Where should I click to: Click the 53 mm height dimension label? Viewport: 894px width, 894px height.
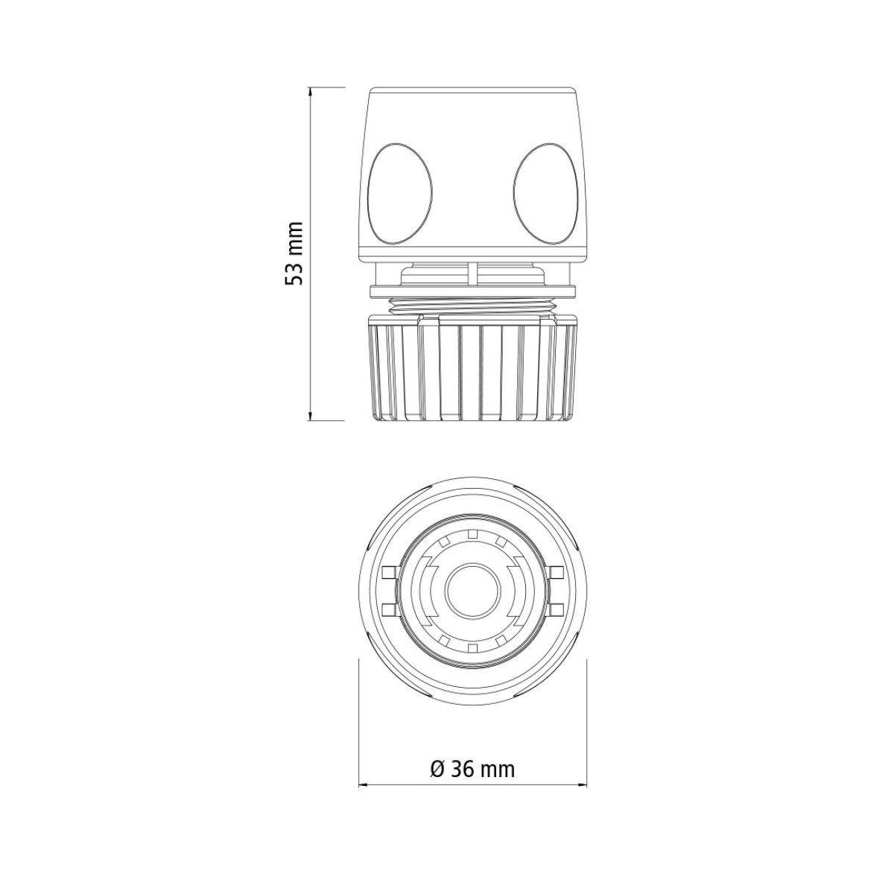(294, 253)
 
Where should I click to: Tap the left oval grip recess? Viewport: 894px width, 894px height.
(399, 194)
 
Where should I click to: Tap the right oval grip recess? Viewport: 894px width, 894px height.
(545, 194)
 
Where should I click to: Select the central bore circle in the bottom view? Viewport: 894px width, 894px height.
(473, 590)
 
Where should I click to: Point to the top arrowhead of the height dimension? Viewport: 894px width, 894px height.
(310, 92)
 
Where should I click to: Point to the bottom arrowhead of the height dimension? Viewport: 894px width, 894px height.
(310, 416)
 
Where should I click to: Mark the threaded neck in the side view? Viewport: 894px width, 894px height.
(473, 306)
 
